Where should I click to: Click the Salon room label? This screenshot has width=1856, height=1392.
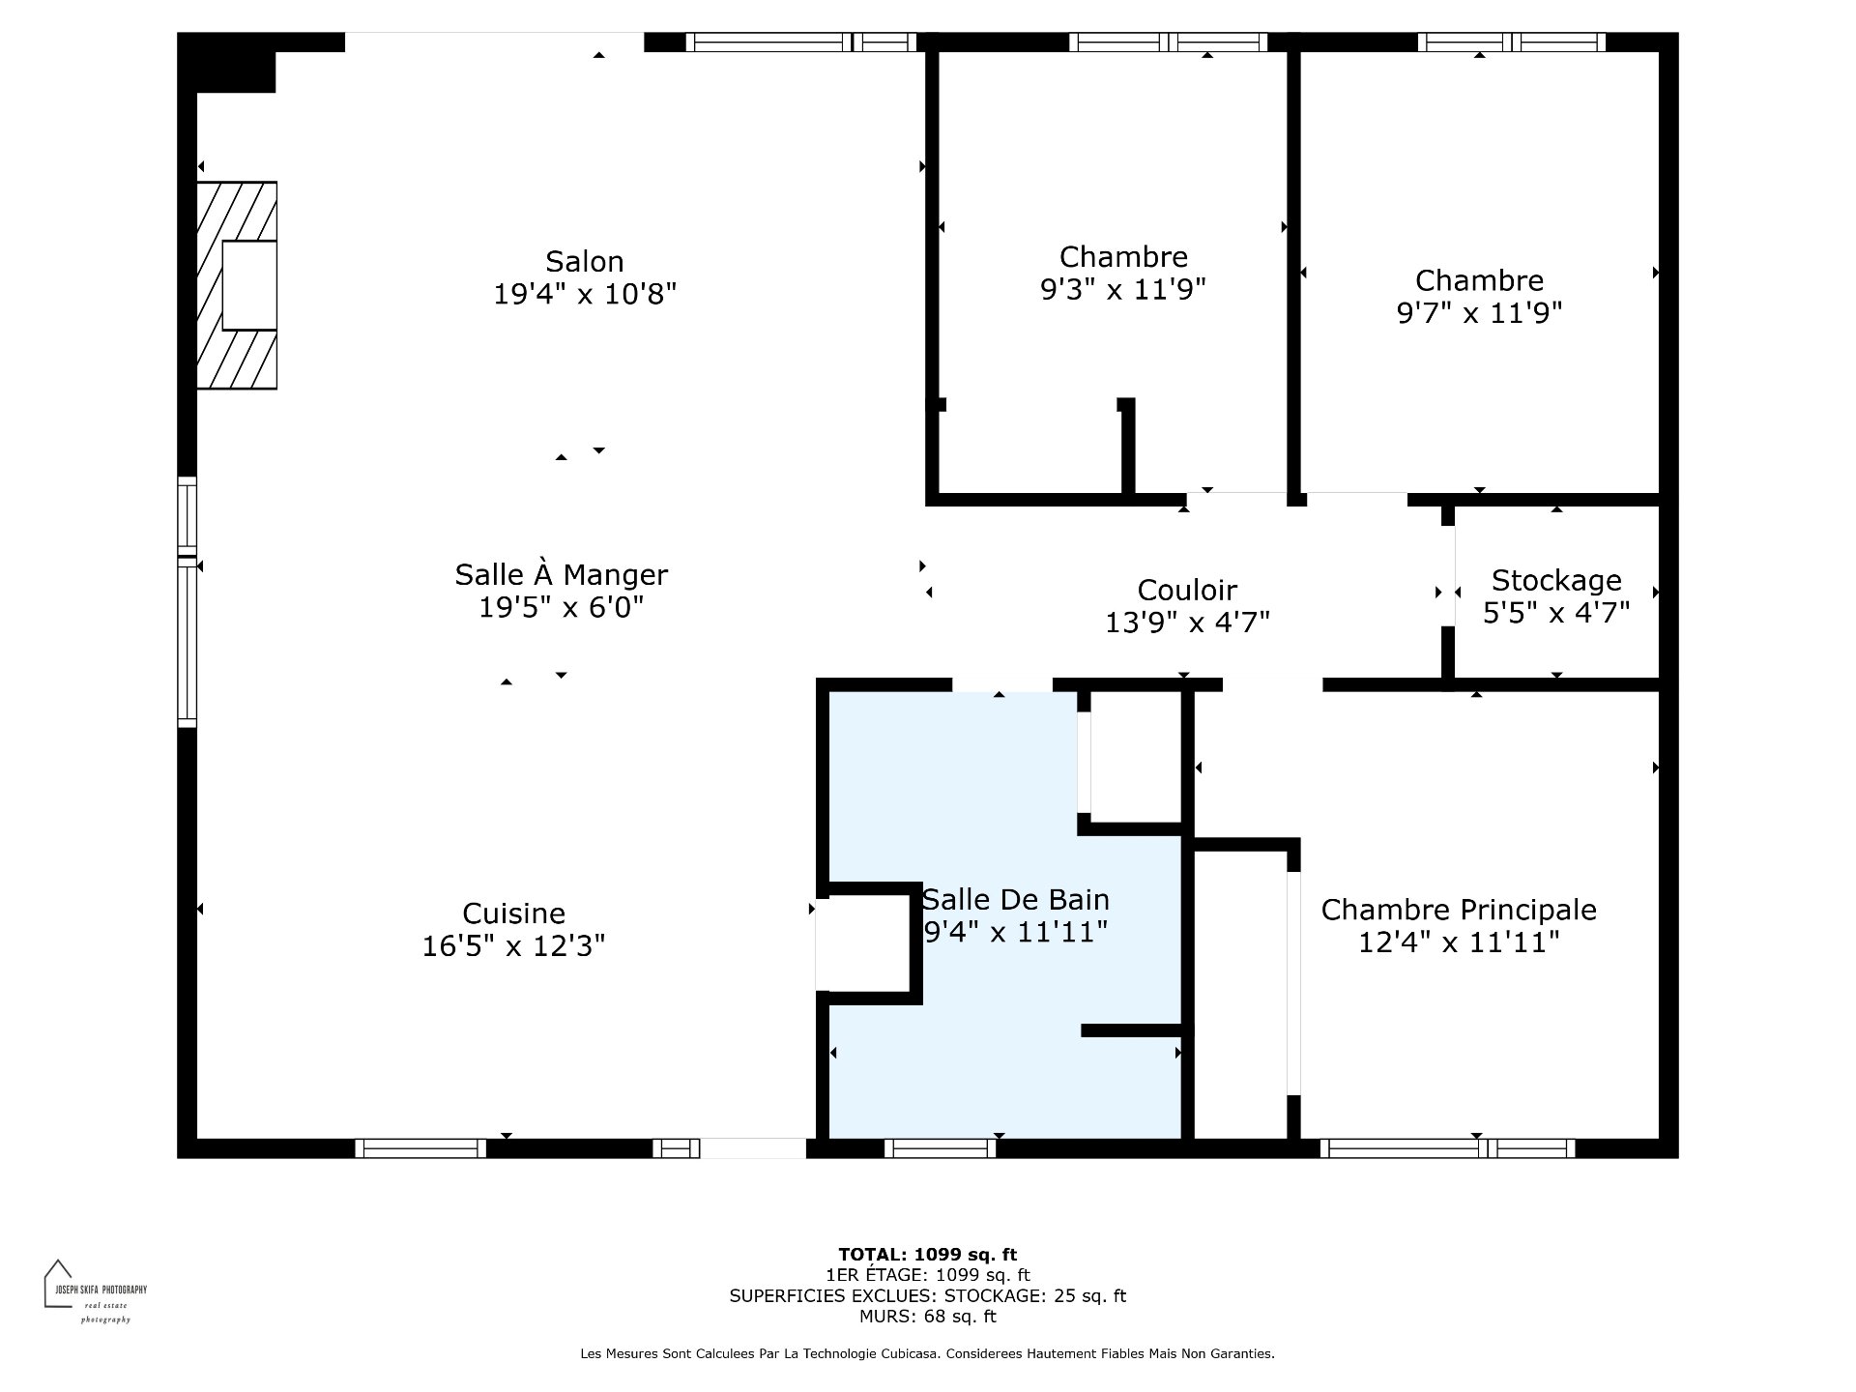[x=584, y=261]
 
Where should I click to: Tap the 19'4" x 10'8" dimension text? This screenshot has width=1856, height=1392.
[x=584, y=294]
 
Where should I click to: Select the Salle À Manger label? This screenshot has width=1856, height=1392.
[x=561, y=574]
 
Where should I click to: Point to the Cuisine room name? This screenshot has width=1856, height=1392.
[x=513, y=913]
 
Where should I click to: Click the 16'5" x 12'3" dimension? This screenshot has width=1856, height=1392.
[x=513, y=945]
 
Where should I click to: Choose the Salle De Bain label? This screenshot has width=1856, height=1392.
[x=1015, y=899]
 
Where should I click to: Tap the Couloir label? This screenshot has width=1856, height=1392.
[x=1187, y=590]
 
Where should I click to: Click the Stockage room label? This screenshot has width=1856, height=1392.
[x=1556, y=580]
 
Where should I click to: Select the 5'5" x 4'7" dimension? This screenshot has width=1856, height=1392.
[x=1556, y=613]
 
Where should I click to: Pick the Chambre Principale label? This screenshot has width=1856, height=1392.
[x=1459, y=910]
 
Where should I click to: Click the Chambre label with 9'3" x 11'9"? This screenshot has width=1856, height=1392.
[x=1123, y=256]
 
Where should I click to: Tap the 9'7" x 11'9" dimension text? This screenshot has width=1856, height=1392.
[x=1479, y=313]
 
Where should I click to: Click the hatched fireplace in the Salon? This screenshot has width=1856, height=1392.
[x=237, y=286]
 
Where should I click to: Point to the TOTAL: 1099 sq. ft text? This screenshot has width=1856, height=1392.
[x=927, y=1255]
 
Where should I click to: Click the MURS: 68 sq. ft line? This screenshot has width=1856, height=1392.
[x=927, y=1317]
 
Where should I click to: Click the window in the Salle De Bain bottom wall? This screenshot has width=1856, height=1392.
[x=940, y=1148]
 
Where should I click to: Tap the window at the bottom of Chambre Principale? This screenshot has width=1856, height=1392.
[x=1447, y=1148]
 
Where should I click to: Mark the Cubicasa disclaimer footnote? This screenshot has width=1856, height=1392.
[x=927, y=1354]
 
